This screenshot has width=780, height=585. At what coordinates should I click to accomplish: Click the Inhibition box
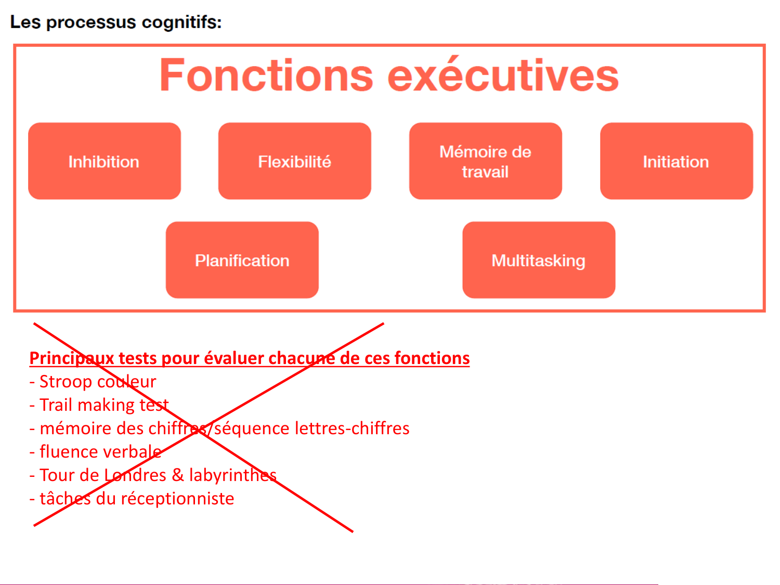coord(104,161)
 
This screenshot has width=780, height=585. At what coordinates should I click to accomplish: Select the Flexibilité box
coord(294,161)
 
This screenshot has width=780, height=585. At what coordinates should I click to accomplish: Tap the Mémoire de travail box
coord(485,161)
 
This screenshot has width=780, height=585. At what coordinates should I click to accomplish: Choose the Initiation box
coord(676,161)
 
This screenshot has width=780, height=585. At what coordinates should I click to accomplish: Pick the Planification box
coord(242,260)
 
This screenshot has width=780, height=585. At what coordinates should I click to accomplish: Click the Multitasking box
coord(538,260)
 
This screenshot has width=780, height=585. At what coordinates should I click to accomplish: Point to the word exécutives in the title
coord(503,75)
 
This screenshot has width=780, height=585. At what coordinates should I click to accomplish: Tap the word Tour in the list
coord(57,475)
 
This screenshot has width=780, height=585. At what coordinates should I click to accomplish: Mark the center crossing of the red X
coord(200,430)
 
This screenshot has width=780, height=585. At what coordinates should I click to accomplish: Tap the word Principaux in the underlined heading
coord(72,358)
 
